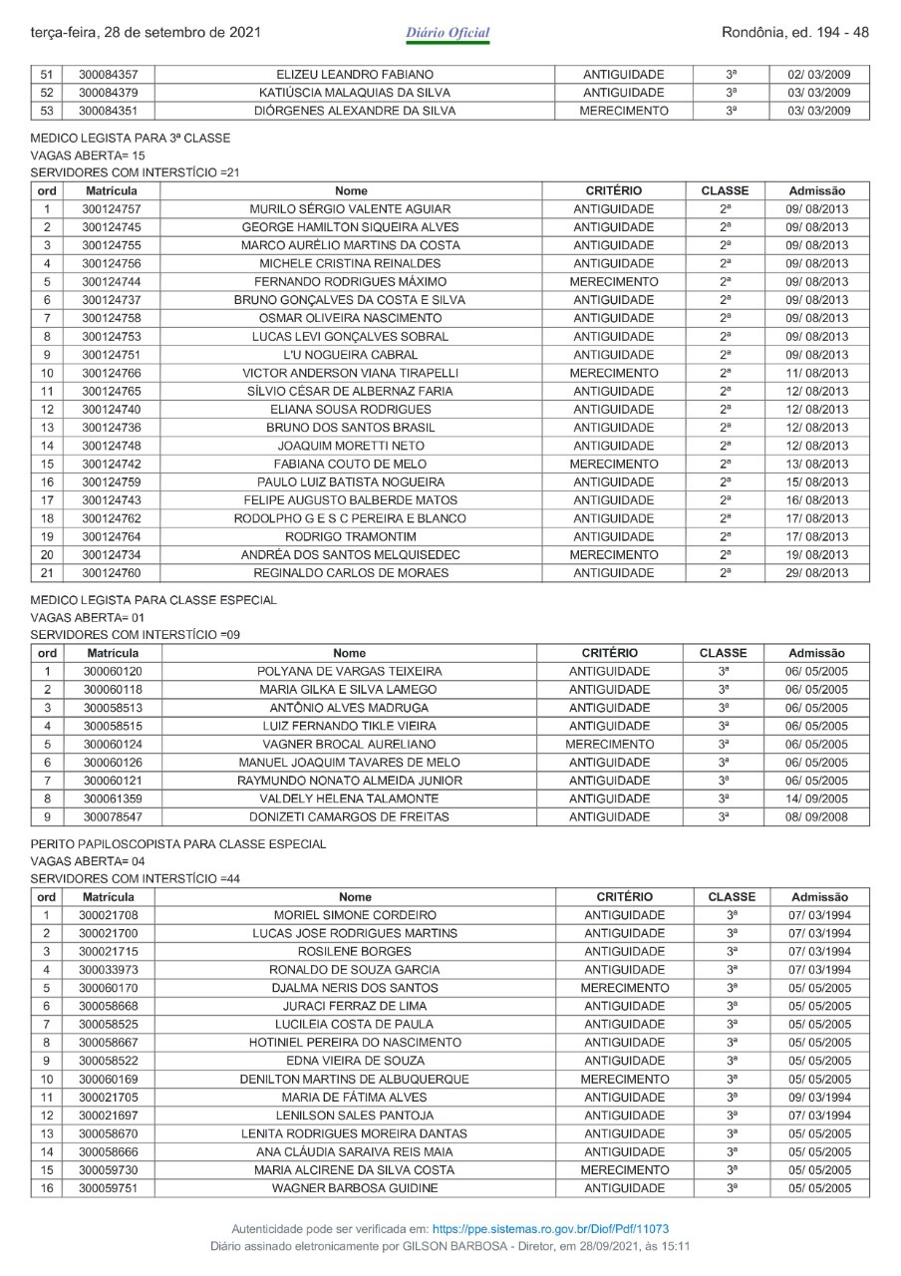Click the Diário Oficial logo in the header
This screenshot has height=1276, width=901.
tap(448, 34)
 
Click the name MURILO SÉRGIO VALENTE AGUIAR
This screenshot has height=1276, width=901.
tap(350, 209)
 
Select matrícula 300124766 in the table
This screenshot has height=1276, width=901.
tap(111, 373)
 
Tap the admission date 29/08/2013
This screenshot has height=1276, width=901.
tap(817, 573)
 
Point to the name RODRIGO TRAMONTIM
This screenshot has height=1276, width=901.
tap(350, 536)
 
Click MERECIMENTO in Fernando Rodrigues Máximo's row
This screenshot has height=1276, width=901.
tap(613, 282)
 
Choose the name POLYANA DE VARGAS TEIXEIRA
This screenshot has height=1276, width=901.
tap(350, 672)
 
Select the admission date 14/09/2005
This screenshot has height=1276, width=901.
tap(816, 799)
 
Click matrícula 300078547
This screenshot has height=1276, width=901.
tap(112, 817)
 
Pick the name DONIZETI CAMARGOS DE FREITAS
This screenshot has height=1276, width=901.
tap(350, 817)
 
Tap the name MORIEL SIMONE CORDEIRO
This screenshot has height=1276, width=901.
tap(355, 915)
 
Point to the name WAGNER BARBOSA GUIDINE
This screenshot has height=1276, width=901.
tap(355, 1188)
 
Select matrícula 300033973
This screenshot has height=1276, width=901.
tap(108, 970)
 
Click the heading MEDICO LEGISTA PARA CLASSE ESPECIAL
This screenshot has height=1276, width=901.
tap(153, 600)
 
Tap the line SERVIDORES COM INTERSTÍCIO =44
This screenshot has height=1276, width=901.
tap(136, 878)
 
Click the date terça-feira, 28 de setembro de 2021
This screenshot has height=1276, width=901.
tap(147, 33)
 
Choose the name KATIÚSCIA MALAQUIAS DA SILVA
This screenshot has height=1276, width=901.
tap(354, 93)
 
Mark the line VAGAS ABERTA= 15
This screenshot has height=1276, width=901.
tap(89, 156)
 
